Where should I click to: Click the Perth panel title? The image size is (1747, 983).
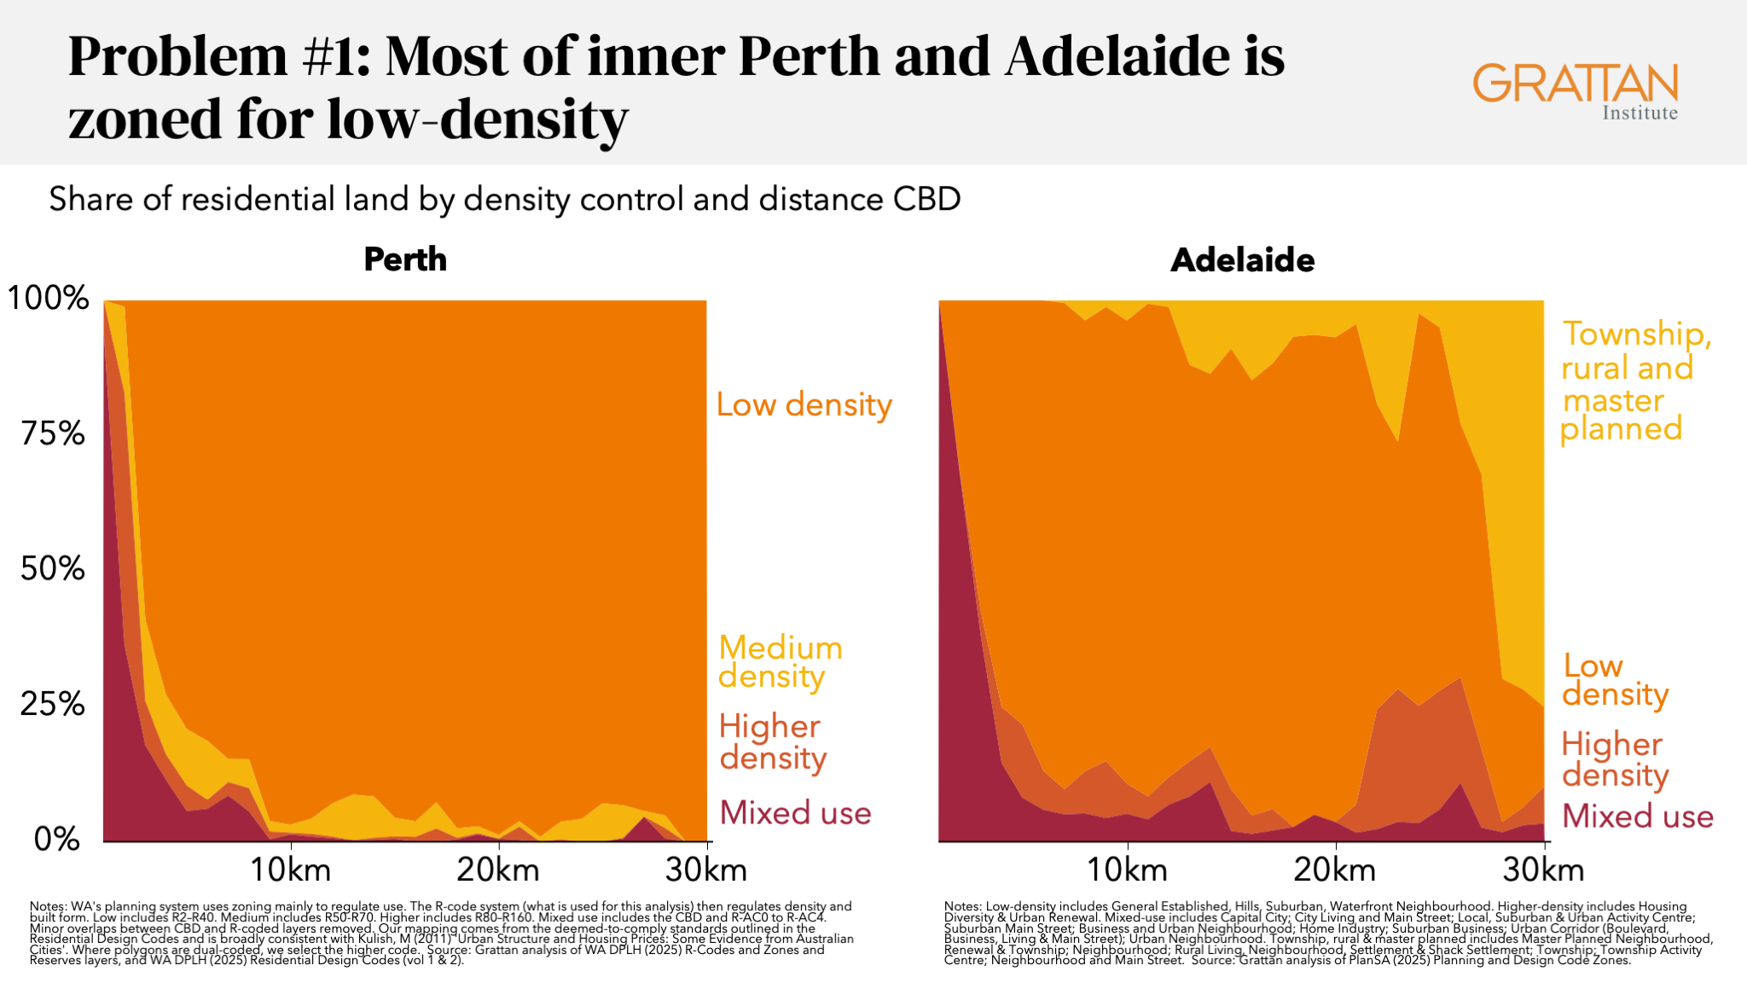click(x=405, y=259)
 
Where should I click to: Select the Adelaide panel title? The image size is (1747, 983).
click(x=1242, y=259)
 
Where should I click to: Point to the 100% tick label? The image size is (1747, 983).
click(x=49, y=298)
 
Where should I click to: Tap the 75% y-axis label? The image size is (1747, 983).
click(x=53, y=433)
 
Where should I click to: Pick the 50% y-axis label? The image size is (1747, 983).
click(x=53, y=568)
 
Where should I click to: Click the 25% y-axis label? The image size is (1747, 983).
click(x=53, y=704)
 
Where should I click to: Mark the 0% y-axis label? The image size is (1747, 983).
click(x=56, y=839)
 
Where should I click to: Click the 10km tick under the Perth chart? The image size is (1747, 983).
click(x=291, y=870)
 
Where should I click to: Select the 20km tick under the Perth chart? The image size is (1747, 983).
click(x=498, y=870)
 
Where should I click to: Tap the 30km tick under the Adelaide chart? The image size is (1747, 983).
click(x=1543, y=870)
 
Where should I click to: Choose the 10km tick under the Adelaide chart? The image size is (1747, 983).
click(x=1127, y=870)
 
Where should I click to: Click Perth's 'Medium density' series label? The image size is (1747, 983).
click(x=780, y=661)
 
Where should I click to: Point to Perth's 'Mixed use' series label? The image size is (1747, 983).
click(x=795, y=812)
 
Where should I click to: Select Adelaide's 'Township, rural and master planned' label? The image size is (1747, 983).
click(x=1634, y=381)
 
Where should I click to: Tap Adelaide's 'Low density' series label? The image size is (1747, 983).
click(x=1614, y=680)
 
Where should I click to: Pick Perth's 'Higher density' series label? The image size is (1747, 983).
click(x=772, y=742)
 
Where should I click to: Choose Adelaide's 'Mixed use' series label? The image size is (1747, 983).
click(x=1637, y=816)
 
